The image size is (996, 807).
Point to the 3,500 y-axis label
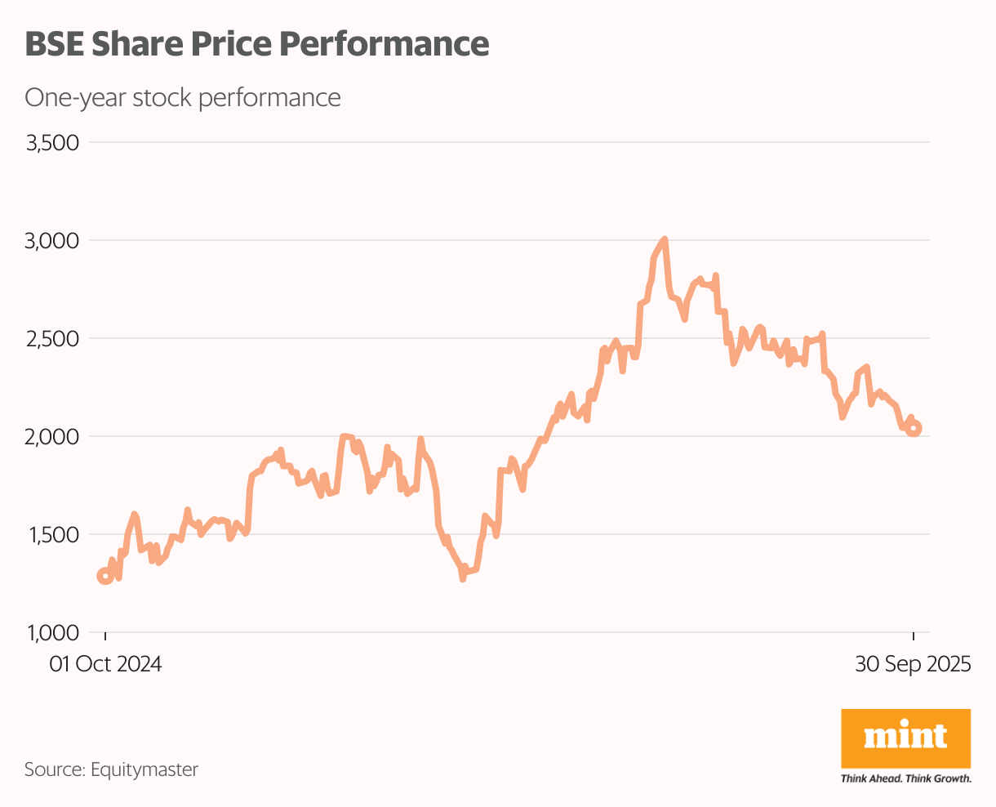(51, 143)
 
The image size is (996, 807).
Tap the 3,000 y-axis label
(51, 241)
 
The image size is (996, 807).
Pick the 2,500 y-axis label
(51, 339)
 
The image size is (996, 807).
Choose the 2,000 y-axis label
(51, 437)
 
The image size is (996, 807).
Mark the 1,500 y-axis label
(51, 535)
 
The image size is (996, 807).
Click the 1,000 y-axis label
(51, 633)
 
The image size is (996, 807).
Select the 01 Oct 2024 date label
(105, 664)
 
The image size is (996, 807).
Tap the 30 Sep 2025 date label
(913, 664)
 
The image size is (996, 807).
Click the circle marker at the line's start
(105, 576)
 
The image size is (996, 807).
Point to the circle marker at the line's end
(914, 428)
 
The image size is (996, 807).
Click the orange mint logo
(905, 737)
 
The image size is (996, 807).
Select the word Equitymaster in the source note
(145, 769)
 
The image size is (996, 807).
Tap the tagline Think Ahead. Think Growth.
(905, 778)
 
